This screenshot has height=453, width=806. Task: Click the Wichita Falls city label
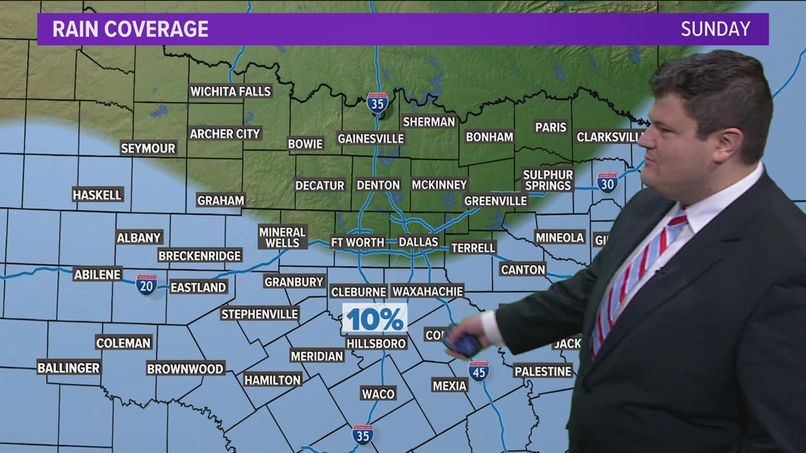pyautogui.click(x=230, y=91)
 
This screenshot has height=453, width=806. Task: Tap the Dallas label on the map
pyautogui.click(x=419, y=242)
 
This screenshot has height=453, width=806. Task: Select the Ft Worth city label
pyautogui.click(x=358, y=242)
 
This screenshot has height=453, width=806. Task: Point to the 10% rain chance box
pyautogui.click(x=375, y=319)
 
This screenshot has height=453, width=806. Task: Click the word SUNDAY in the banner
pyautogui.click(x=715, y=29)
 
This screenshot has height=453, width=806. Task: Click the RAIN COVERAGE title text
pyautogui.click(x=131, y=29)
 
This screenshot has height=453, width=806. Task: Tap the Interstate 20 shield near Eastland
pyautogui.click(x=146, y=285)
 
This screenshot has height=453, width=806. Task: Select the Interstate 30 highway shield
pyautogui.click(x=607, y=183)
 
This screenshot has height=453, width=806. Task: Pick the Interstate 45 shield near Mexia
pyautogui.click(x=479, y=371)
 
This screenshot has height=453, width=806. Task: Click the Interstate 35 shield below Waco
pyautogui.click(x=363, y=435)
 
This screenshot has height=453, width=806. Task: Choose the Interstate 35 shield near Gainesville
pyautogui.click(x=378, y=103)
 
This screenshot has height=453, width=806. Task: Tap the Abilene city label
pyautogui.click(x=98, y=274)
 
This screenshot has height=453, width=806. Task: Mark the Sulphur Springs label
pyautogui.click(x=548, y=180)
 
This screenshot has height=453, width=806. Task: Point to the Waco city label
pyautogui.click(x=378, y=394)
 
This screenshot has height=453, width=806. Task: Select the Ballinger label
pyautogui.click(x=69, y=367)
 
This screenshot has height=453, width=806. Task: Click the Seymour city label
pyautogui.click(x=148, y=148)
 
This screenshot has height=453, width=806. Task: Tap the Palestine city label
pyautogui.click(x=542, y=371)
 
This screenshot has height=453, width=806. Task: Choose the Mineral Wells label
pyautogui.click(x=282, y=237)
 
